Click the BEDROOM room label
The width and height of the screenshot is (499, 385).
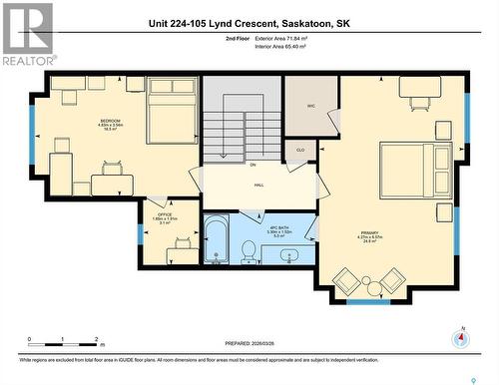pyautogui.click(x=110, y=121)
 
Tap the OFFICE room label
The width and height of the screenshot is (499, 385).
pyautogui.click(x=163, y=214)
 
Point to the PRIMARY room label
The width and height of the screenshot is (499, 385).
pyautogui.click(x=370, y=234)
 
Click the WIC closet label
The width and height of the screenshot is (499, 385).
pyautogui.click(x=309, y=105)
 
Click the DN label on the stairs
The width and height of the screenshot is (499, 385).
pyautogui.click(x=253, y=164)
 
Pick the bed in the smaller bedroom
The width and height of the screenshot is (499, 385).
pyautogui.click(x=173, y=110)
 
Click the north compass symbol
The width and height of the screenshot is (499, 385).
pyautogui.click(x=460, y=337)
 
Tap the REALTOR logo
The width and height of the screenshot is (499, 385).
pyautogui.click(x=26, y=34)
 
